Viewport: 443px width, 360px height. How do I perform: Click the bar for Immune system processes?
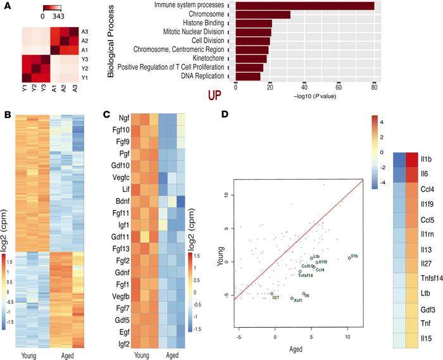[x=304, y=6]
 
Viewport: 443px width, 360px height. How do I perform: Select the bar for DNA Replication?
[x=247, y=77]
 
